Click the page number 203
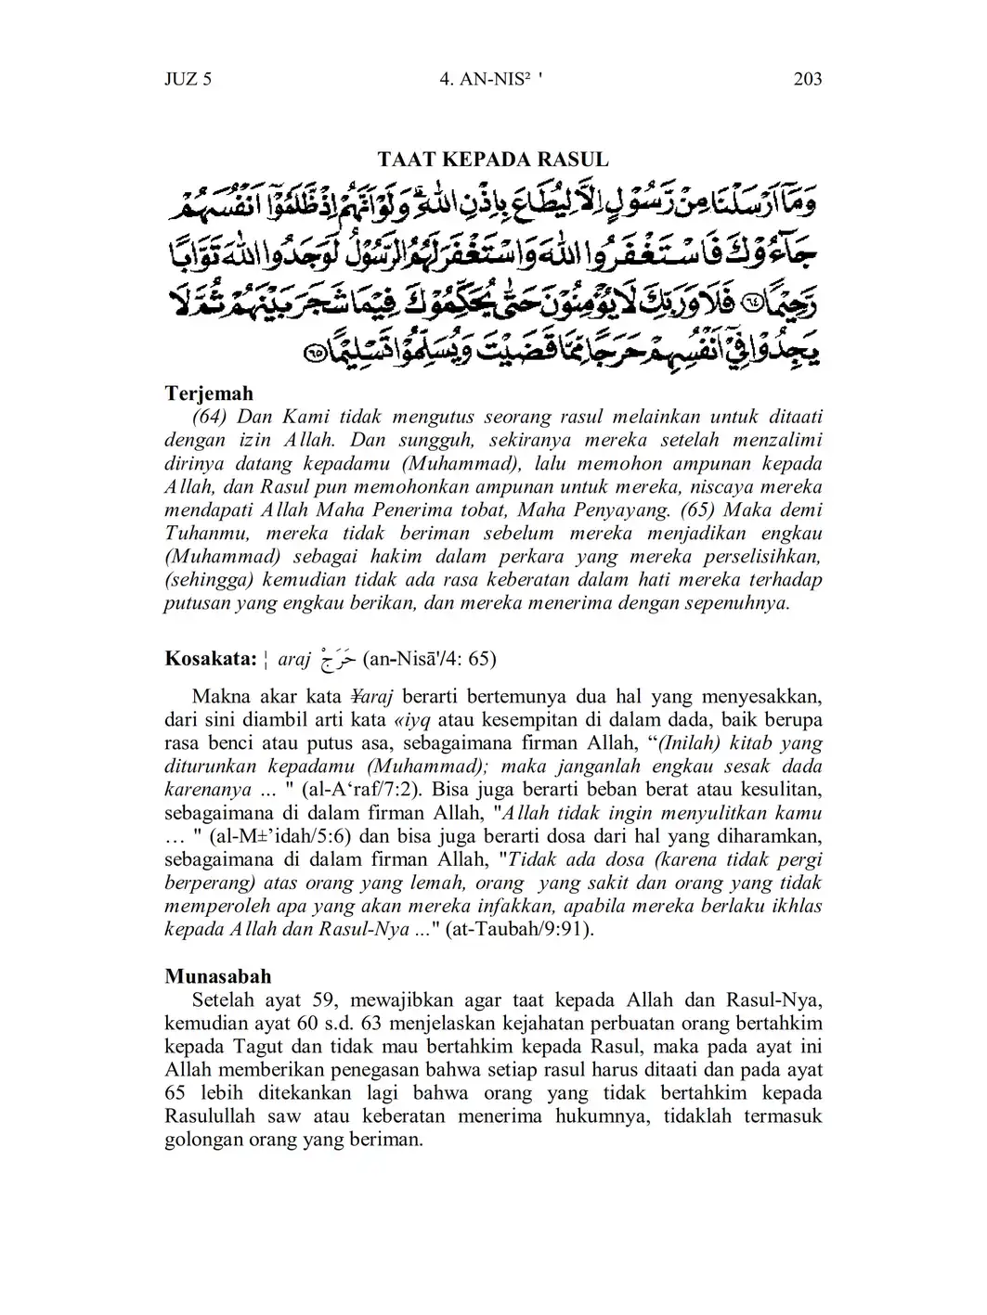pyautogui.click(x=808, y=79)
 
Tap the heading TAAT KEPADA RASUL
pyautogui.click(x=493, y=159)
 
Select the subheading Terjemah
pyautogui.click(x=209, y=393)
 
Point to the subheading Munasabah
pyautogui.click(x=218, y=976)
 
